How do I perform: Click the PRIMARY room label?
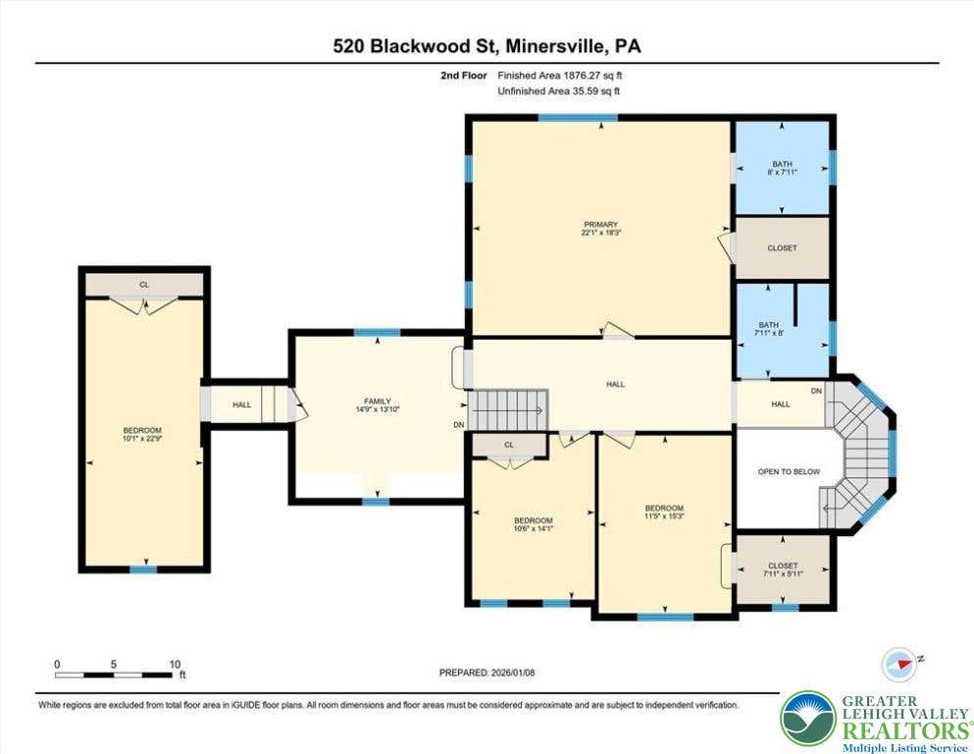click(x=600, y=228)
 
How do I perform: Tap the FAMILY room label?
click(x=378, y=405)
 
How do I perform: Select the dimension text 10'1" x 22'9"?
click(x=142, y=438)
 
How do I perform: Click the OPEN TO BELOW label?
click(x=789, y=472)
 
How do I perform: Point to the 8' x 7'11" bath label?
click(x=782, y=168)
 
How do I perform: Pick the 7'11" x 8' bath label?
click(x=768, y=329)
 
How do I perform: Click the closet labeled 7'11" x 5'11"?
click(x=783, y=569)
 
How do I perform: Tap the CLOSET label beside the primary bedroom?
click(x=782, y=248)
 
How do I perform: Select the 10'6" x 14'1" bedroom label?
click(x=533, y=524)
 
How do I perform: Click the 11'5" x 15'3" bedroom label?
click(x=664, y=512)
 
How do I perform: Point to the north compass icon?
click(x=900, y=664)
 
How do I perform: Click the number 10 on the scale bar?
click(x=176, y=664)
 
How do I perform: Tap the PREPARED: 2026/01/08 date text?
click(x=487, y=673)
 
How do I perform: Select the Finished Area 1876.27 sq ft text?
click(x=560, y=76)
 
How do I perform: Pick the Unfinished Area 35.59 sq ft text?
click(x=559, y=91)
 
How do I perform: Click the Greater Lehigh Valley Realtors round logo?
click(x=808, y=719)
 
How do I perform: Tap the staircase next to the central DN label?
click(x=508, y=409)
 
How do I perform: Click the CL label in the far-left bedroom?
click(x=144, y=285)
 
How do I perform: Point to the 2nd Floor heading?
click(x=463, y=76)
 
